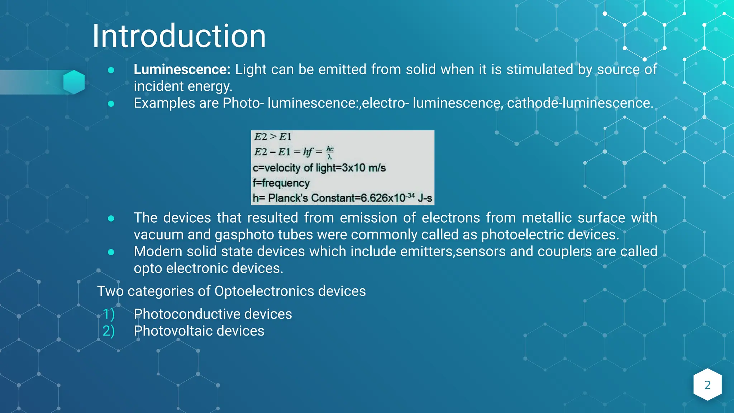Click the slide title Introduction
(179, 36)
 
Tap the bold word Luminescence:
(182, 70)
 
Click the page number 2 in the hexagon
(707, 385)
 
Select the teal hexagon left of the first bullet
(74, 82)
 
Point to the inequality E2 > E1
(272, 137)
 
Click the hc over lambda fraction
(330, 152)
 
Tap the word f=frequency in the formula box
(281, 183)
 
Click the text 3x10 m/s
(363, 168)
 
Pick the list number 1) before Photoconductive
(109, 314)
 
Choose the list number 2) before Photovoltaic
(109, 331)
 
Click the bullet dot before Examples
(111, 104)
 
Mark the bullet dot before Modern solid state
(111, 252)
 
